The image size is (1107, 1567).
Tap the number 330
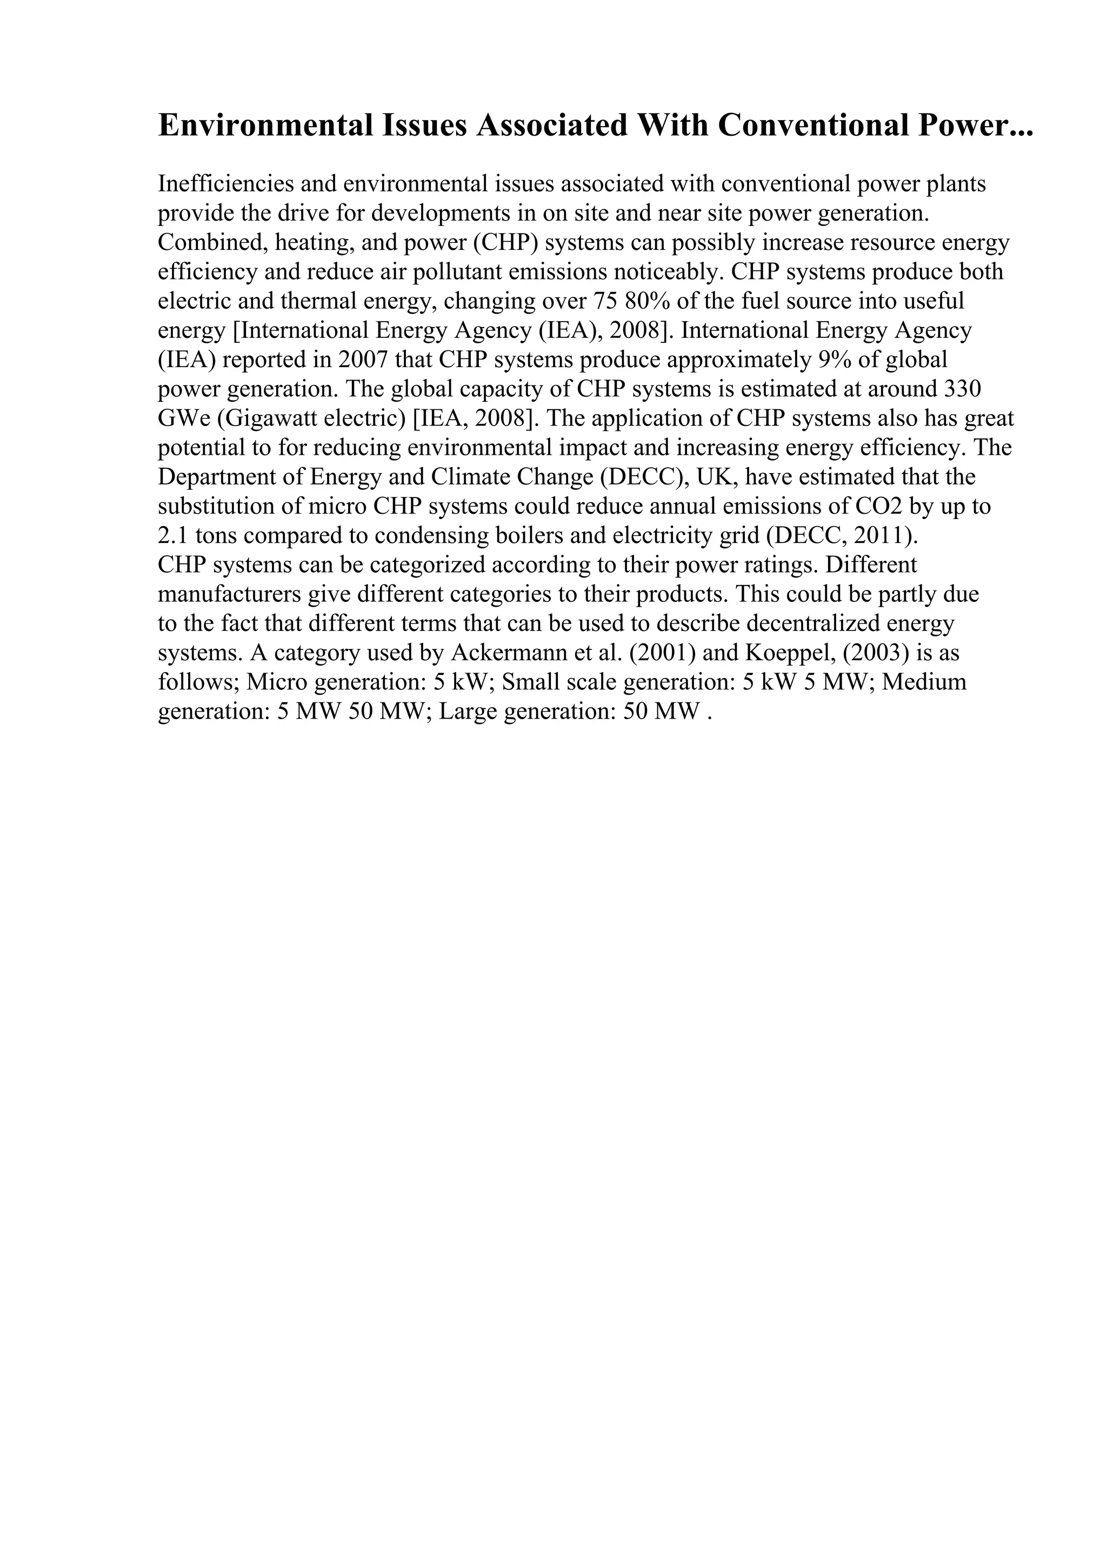click(x=962, y=389)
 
